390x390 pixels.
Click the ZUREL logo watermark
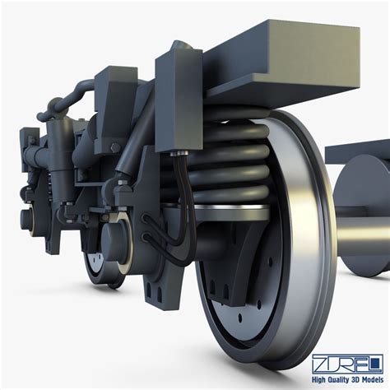(346, 363)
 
